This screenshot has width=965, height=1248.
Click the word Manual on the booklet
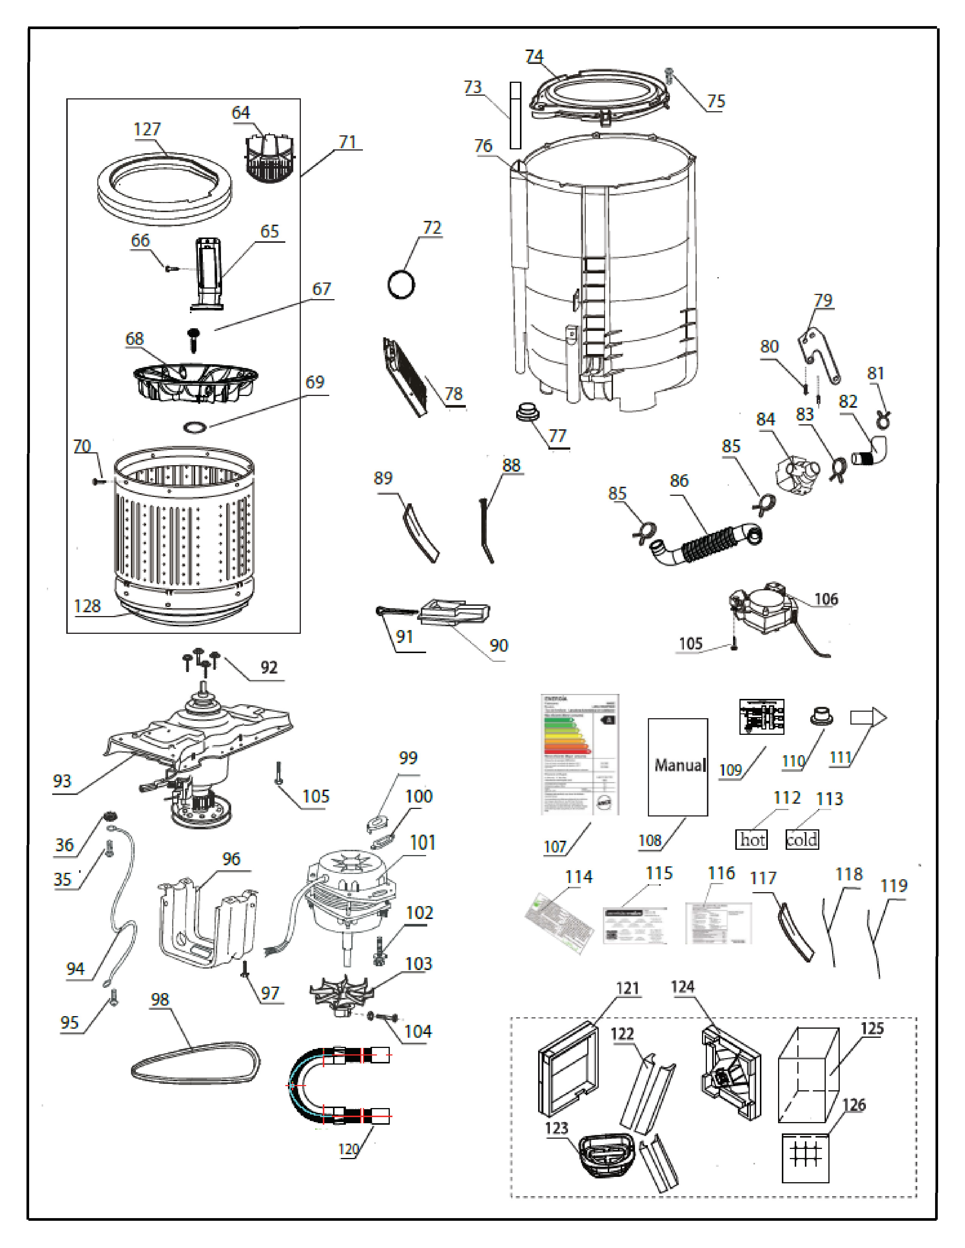679,765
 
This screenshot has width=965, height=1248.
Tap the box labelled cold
802,840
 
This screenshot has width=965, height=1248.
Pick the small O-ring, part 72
401,284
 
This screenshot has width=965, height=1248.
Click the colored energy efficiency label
579,754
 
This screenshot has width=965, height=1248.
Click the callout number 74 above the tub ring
534,56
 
